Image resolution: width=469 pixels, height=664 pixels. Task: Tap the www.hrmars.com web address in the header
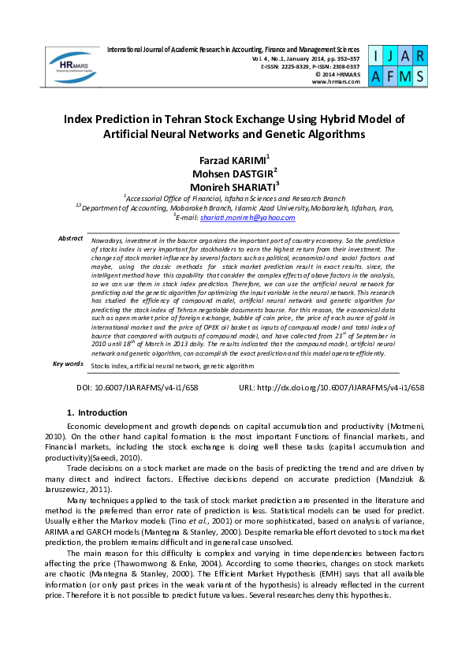(340, 81)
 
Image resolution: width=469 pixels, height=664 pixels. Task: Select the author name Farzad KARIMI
(234, 160)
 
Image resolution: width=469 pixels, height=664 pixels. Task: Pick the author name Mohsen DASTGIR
(234, 173)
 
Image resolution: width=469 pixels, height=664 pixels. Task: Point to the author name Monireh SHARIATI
(234, 187)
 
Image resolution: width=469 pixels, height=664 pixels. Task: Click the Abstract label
(70, 238)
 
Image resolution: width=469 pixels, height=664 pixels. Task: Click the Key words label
(68, 364)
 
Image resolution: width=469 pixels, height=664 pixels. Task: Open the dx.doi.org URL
(341, 388)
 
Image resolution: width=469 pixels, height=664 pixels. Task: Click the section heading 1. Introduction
(97, 412)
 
